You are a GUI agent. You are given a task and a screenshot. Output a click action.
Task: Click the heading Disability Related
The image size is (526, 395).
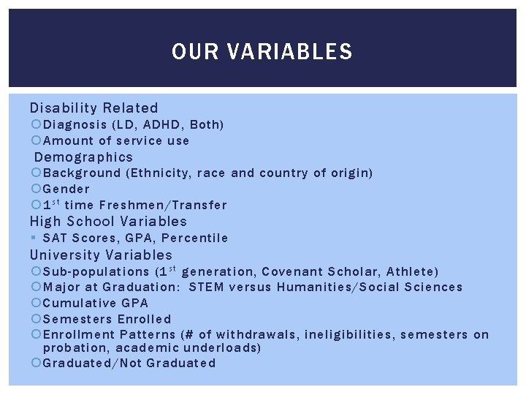(94, 108)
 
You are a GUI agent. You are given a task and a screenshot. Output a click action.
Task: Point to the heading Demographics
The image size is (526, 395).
(84, 157)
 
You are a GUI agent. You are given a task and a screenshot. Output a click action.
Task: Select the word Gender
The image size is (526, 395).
(66, 189)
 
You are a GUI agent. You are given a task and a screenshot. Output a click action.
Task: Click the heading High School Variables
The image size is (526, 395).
(108, 222)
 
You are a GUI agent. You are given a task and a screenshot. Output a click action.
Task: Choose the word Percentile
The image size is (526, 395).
(195, 238)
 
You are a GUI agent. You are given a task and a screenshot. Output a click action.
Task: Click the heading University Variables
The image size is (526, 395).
(101, 255)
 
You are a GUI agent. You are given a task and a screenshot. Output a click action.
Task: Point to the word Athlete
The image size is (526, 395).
(414, 272)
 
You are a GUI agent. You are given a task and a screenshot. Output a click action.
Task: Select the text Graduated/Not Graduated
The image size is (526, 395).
(129, 364)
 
